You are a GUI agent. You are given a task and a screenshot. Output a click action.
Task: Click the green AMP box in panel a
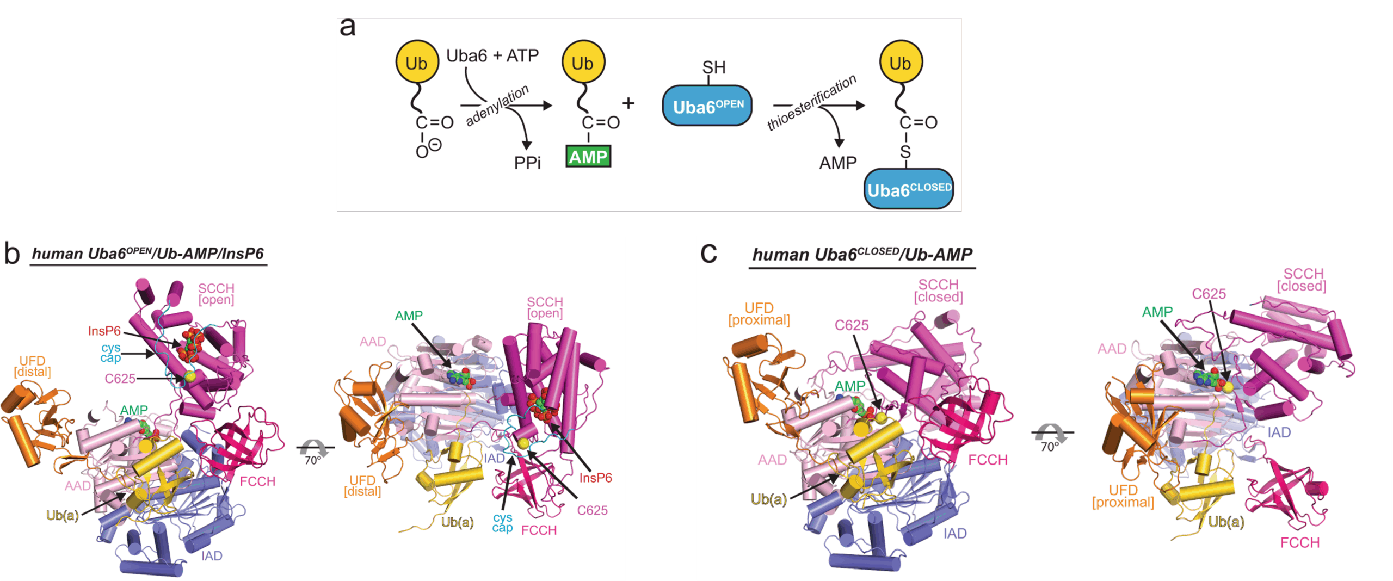click(x=588, y=157)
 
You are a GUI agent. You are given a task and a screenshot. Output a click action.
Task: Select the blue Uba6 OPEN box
click(x=707, y=106)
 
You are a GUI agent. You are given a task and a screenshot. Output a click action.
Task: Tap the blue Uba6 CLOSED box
click(x=909, y=189)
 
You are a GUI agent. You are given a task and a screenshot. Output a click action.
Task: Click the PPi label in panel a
click(x=527, y=163)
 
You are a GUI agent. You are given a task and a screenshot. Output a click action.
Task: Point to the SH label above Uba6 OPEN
click(x=713, y=67)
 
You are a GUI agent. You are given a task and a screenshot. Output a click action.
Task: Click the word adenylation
click(x=497, y=106)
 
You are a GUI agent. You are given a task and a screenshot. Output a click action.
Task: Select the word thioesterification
click(x=811, y=103)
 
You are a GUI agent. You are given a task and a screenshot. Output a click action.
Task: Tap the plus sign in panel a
click(x=628, y=103)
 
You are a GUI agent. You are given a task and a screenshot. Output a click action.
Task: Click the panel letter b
click(x=12, y=254)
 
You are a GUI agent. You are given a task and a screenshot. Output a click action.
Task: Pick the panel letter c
click(x=708, y=253)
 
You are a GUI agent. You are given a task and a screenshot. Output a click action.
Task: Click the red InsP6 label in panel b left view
click(x=104, y=331)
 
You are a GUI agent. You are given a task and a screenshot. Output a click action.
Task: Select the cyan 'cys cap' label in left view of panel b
click(x=110, y=353)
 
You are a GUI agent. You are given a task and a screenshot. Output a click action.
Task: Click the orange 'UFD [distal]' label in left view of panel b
click(x=33, y=367)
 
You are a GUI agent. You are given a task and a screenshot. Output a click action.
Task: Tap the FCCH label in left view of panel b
click(x=257, y=481)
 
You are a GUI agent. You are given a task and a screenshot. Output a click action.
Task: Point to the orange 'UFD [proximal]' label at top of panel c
click(x=759, y=314)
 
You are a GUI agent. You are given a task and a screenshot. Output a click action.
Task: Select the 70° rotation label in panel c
click(x=1050, y=447)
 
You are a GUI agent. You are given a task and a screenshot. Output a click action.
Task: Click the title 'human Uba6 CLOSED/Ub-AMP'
click(x=862, y=255)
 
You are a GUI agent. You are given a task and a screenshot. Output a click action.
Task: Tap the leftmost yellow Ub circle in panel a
click(x=417, y=63)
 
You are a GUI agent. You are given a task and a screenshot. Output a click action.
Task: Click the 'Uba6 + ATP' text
click(x=492, y=55)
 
